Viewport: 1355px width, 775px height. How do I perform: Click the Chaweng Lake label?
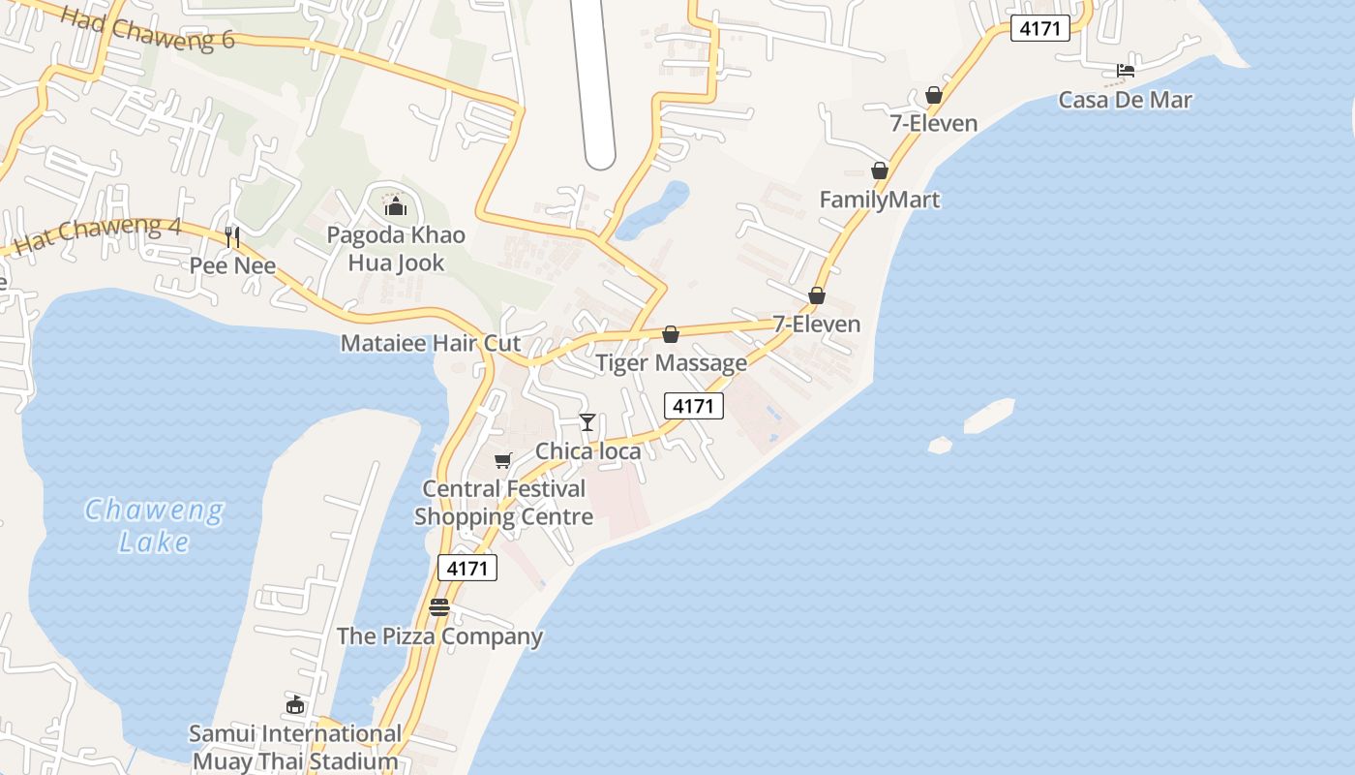click(154, 525)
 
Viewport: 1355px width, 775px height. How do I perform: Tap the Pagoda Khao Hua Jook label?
click(395, 249)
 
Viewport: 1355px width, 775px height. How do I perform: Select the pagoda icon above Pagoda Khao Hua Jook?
click(395, 206)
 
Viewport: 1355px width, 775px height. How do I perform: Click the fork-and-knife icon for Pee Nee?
click(232, 236)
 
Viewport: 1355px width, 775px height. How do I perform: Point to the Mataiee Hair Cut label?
click(431, 343)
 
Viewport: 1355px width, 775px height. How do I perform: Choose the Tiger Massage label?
click(671, 363)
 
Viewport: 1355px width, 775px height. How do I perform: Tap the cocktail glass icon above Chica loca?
click(587, 422)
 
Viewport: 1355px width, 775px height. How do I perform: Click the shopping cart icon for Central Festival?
click(502, 461)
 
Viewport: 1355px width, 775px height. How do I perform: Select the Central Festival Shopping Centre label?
click(504, 503)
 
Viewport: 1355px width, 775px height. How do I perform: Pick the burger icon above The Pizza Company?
click(439, 607)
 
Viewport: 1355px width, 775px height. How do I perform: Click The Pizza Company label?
click(439, 636)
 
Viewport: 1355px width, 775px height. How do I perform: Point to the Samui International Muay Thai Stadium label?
click(295, 747)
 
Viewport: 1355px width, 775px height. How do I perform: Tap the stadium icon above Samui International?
click(295, 705)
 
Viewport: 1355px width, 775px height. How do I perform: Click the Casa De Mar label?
click(1125, 100)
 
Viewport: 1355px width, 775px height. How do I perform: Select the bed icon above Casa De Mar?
click(1126, 71)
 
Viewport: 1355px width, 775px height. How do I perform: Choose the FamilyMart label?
click(880, 200)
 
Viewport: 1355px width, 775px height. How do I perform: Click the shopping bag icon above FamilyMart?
click(880, 170)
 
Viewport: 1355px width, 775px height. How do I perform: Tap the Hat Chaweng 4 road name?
click(99, 235)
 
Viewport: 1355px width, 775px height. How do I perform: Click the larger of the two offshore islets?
click(989, 415)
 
